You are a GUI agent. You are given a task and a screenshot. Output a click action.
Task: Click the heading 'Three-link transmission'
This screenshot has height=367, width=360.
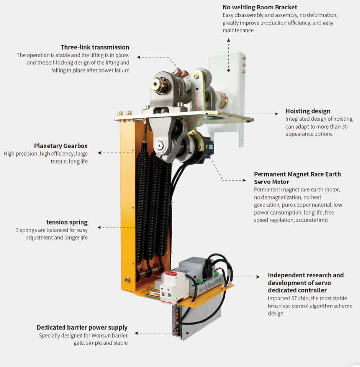95,47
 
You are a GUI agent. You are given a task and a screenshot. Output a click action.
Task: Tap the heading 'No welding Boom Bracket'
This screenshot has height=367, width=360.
260,7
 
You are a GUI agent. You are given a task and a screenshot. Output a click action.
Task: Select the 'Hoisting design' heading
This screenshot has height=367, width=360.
308,111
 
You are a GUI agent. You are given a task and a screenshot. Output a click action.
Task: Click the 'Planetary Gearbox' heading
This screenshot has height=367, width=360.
61,146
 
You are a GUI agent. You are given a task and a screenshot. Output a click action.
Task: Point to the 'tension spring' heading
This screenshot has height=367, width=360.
67,222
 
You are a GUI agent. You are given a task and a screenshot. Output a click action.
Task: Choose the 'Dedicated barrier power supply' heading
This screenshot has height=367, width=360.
82,327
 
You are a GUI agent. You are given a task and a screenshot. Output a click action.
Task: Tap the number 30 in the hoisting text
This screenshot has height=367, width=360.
345,127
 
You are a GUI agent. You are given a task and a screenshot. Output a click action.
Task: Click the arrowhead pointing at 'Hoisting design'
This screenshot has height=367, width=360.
277,114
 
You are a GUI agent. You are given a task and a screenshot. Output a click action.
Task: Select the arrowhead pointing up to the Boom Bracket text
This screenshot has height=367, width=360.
229,40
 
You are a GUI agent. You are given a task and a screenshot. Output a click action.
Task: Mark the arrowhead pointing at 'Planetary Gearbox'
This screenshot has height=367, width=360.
99,153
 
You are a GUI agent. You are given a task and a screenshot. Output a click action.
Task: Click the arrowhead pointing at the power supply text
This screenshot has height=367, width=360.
136,333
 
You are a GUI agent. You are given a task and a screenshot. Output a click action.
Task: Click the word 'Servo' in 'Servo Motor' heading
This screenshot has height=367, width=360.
263,182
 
